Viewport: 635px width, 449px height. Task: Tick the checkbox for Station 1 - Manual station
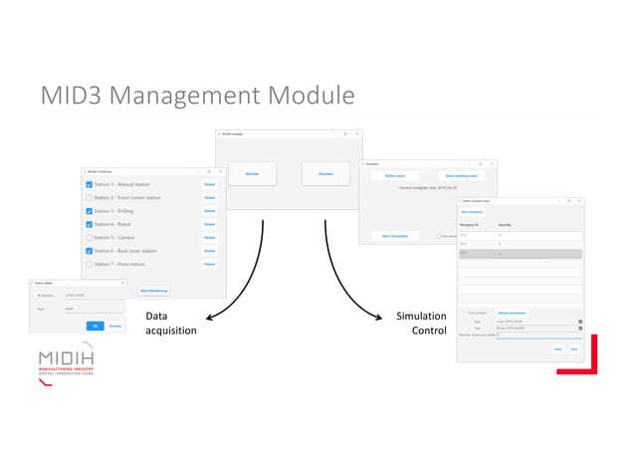point(89,184)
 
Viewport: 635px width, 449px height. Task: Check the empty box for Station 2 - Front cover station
point(89,198)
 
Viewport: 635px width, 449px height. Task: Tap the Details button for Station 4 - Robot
point(209,224)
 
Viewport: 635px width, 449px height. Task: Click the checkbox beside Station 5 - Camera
point(89,238)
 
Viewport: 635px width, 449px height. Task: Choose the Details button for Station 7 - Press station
point(209,264)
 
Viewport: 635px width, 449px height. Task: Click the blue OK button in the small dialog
point(96,326)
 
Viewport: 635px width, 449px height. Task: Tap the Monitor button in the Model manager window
point(253,174)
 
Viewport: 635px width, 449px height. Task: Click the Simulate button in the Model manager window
point(325,174)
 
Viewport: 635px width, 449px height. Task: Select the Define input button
point(395,175)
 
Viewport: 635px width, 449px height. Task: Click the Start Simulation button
point(395,236)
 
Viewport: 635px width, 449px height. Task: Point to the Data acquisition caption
point(171,324)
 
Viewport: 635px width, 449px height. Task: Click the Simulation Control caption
point(421,324)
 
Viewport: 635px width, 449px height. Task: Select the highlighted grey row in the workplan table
point(520,254)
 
